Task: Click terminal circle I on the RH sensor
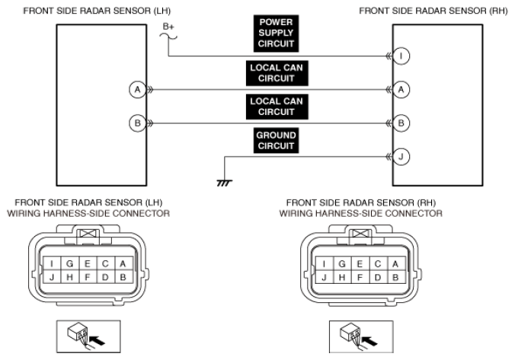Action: click(403, 56)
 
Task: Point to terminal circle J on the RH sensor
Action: click(403, 157)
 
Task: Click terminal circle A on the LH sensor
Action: click(136, 89)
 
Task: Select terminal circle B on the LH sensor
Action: click(136, 123)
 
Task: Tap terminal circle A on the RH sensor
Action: click(403, 89)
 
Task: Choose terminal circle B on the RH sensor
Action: click(403, 123)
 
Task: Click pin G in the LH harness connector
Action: click(70, 263)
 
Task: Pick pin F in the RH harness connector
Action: click(359, 278)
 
